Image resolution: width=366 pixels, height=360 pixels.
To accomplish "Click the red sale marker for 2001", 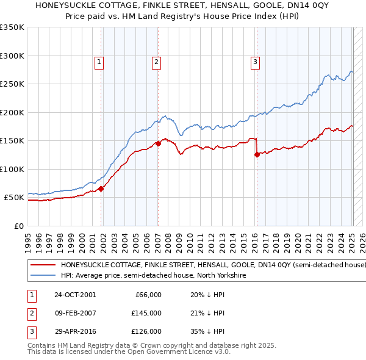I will pyautogui.click(x=101, y=189).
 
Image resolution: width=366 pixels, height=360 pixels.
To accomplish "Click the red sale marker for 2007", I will pyautogui.click(x=158, y=143).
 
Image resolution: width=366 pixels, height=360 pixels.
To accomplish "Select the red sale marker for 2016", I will pyautogui.click(x=257, y=154).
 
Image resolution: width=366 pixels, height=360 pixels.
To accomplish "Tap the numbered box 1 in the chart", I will pyautogui.click(x=99, y=61).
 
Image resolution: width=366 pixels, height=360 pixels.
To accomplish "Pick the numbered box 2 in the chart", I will pyautogui.click(x=156, y=61).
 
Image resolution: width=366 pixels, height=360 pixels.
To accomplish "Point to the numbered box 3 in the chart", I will pyautogui.click(x=254, y=61).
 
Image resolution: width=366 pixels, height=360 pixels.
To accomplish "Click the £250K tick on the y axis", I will pyautogui.click(x=12, y=84).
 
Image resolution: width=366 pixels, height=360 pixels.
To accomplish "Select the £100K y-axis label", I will pyautogui.click(x=12, y=169).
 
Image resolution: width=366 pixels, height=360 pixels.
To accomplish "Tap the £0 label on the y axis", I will pyautogui.click(x=18, y=226).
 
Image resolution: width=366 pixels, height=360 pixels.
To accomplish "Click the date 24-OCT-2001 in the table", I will pyautogui.click(x=75, y=295).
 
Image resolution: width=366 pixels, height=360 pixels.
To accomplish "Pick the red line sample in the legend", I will pyautogui.click(x=43, y=265).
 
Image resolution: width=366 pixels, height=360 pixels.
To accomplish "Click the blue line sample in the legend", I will pyautogui.click(x=43, y=276).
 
